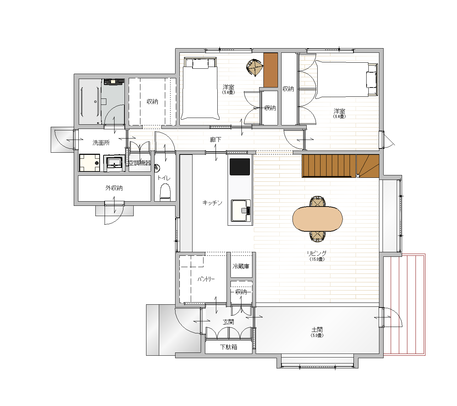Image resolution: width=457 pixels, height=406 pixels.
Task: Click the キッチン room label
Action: tap(212, 203)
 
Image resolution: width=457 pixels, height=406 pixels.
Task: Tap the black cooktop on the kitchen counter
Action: tap(240, 167)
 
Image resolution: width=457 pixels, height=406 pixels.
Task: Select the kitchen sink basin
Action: tap(241, 210)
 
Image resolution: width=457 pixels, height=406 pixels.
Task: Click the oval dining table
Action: tap(317, 219)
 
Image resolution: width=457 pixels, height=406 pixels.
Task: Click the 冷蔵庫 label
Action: tap(241, 266)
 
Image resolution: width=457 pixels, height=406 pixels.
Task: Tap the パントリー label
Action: tap(206, 279)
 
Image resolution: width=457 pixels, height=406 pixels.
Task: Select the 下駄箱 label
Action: tap(228, 347)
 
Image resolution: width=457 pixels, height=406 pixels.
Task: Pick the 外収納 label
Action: tap(114, 188)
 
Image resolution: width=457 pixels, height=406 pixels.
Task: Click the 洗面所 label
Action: tap(101, 142)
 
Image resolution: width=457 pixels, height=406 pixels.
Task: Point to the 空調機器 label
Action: tap(140, 163)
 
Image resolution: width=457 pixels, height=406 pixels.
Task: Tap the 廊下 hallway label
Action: tap(216, 140)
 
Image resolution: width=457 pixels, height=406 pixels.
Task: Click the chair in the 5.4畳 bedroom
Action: tap(255, 67)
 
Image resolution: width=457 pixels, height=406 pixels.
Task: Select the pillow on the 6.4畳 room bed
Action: tap(371, 80)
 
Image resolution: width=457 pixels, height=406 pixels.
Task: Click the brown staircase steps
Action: tap(340, 166)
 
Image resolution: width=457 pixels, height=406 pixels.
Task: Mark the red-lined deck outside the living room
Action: tap(405, 305)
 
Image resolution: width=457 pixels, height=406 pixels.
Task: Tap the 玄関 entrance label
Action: tap(228, 322)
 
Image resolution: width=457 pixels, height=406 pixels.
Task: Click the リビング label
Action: tap(317, 253)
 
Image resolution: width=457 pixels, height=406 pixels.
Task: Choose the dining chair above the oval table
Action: tap(317, 201)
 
